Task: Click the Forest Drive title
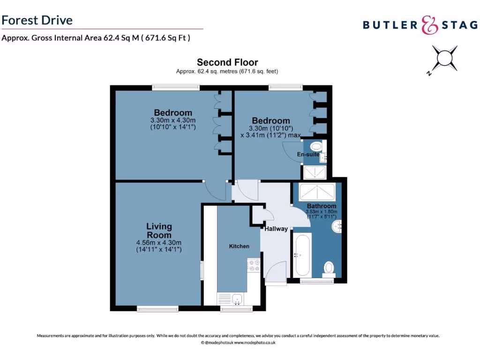tap(37, 20)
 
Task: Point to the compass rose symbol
tap(443, 60)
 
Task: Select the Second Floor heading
tap(227, 62)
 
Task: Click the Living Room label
tap(159, 231)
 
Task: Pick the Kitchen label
tap(239, 246)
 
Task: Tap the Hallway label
tap(276, 229)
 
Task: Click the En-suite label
tap(308, 154)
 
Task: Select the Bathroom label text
tap(322, 206)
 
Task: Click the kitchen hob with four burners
tap(254, 266)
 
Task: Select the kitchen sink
tap(237, 298)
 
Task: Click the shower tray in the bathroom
tap(317, 192)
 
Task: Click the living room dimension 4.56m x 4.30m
tap(159, 242)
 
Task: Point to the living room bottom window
tap(157, 308)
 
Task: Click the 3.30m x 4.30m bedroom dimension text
tap(173, 120)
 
